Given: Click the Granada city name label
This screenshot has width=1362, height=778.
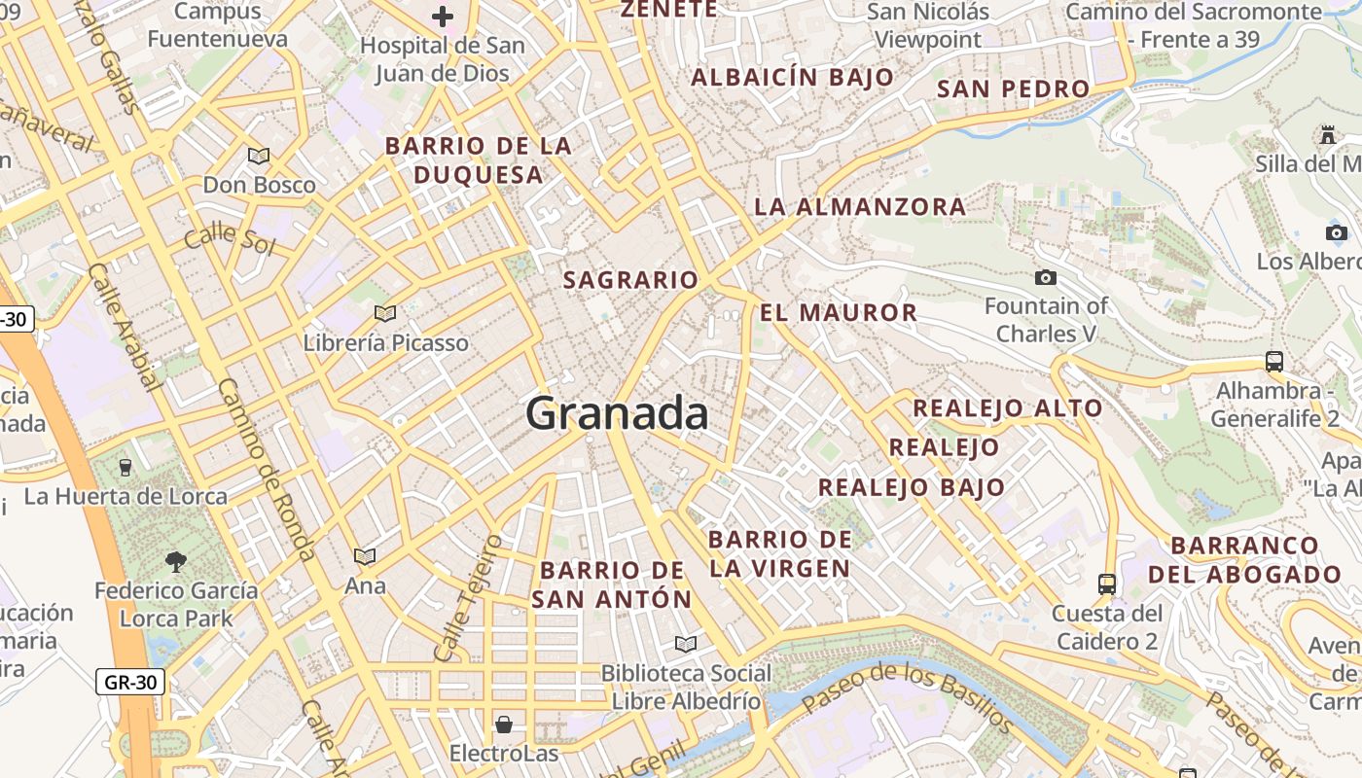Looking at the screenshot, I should [617, 414].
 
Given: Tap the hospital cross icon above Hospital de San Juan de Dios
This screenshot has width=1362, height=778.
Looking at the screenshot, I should [443, 17].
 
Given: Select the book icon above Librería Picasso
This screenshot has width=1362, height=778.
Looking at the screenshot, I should [385, 313].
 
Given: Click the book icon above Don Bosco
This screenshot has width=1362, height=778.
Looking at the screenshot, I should [258, 156].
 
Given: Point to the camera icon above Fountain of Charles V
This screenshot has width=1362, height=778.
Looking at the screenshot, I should [1046, 278].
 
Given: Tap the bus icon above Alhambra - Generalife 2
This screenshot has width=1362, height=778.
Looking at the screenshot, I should [1274, 362].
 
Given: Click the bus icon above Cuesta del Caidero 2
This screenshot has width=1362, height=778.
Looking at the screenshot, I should [1107, 583].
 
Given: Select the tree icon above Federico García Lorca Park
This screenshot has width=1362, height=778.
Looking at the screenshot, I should [176, 561].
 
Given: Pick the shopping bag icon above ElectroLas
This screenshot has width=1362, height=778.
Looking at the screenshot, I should [504, 725].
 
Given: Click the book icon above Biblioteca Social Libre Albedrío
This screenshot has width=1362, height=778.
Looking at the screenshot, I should [686, 644].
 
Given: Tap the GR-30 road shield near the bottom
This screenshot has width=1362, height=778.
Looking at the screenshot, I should [130, 682].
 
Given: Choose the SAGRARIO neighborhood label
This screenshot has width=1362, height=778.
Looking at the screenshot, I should [630, 280].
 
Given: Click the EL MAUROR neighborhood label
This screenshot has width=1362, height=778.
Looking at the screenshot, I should [839, 312].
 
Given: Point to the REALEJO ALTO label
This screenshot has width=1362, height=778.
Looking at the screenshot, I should [1008, 408].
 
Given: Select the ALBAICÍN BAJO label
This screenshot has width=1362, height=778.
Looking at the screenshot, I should [792, 78].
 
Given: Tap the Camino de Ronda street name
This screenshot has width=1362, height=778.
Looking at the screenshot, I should [265, 469].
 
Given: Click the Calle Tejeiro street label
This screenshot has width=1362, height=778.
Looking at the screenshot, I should [469, 597].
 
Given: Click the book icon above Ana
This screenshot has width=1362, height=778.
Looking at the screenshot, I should [365, 556].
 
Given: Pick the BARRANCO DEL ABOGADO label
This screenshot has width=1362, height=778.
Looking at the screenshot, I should [1245, 559].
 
